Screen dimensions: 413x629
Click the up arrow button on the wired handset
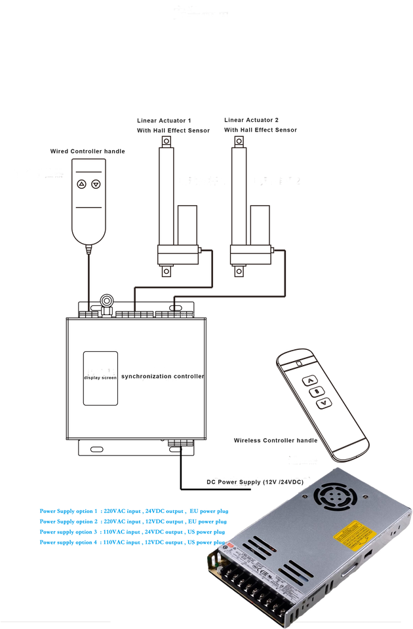[x=81, y=185]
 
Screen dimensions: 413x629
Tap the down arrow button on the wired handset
[x=96, y=185]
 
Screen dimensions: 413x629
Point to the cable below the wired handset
[x=88, y=275]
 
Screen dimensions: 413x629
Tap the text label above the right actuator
[x=260, y=125]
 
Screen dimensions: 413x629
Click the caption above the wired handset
[x=88, y=151]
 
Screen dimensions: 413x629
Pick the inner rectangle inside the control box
[x=101, y=379]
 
